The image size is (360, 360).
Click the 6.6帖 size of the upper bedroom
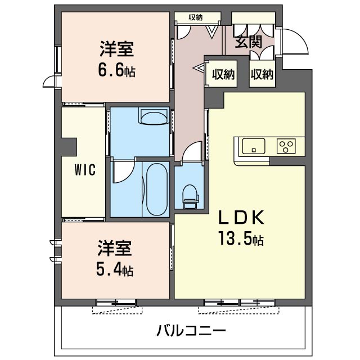pos(116,71)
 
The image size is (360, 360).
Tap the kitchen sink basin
pos(254,147)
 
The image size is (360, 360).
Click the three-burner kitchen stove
pos(287,147)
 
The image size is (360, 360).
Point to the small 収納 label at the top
pos(196,17)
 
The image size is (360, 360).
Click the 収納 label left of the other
pos(223,74)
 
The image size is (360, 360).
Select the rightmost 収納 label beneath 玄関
pos(262,74)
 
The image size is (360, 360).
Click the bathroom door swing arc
pos(122,172)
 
